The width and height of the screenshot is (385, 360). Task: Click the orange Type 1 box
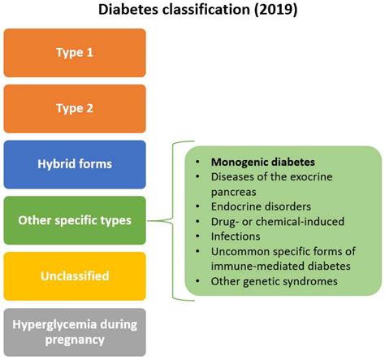(x=74, y=53)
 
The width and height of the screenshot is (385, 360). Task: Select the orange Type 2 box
(x=74, y=108)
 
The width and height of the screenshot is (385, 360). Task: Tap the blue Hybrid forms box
(x=74, y=164)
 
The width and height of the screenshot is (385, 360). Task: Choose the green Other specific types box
(x=74, y=220)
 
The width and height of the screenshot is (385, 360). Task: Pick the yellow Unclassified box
(x=74, y=276)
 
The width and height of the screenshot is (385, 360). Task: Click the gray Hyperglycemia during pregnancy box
(x=74, y=332)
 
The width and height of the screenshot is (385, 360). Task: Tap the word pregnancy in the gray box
(x=74, y=340)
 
